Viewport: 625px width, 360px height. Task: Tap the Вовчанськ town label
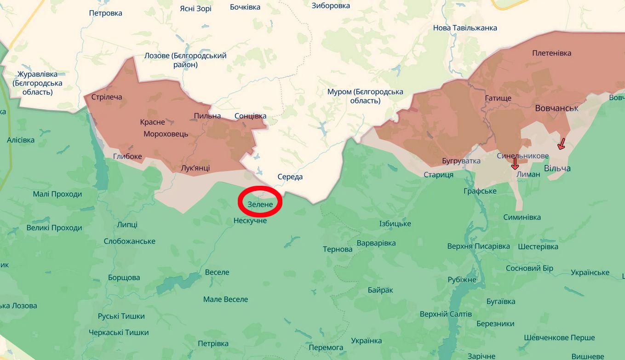pos(556,108)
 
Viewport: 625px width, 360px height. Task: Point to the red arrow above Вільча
pos(561,144)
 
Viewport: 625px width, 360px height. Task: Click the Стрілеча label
pos(107,97)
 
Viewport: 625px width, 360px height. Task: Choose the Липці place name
pos(127,225)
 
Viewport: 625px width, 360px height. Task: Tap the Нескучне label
pos(250,221)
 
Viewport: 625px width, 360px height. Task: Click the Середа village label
pos(290,177)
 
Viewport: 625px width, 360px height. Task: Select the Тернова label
pos(338,249)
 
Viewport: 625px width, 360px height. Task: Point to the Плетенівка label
pos(551,53)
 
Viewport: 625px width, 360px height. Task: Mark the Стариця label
pos(438,175)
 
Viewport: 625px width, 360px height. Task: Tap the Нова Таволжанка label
pos(465,28)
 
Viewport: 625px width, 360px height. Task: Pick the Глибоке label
pos(127,156)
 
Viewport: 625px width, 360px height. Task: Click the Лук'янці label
pos(195,168)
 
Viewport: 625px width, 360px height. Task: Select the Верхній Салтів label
pos(446,314)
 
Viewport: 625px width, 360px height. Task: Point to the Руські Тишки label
pos(121,316)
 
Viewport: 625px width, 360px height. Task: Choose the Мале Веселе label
pos(225,299)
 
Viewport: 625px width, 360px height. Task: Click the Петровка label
pos(106,13)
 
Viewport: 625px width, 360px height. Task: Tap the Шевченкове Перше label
pos(559,337)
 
